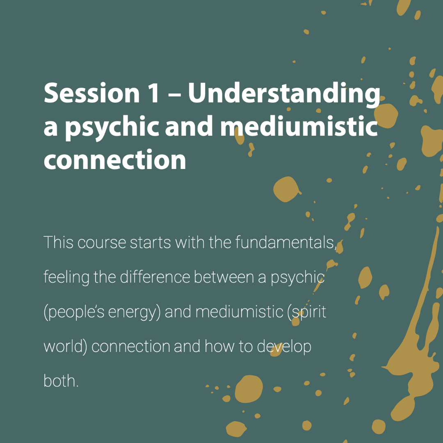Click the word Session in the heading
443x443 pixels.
(92, 93)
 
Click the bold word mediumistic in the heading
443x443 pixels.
(299, 126)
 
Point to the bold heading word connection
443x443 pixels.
(115, 159)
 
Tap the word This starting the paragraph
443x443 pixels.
(59, 242)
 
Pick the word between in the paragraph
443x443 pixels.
(224, 277)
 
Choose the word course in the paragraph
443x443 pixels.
(102, 243)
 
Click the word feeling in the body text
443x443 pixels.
(66, 277)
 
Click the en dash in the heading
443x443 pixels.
(174, 95)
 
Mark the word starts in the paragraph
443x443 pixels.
(150, 243)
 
